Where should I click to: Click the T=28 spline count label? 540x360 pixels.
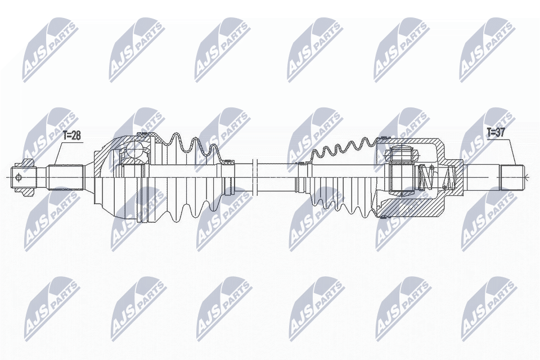(x=71, y=135)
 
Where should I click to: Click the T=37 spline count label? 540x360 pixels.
(x=496, y=133)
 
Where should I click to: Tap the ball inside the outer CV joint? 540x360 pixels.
(x=134, y=150)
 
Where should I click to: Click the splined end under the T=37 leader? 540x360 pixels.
(x=511, y=178)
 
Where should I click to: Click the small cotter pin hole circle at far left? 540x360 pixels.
(x=20, y=178)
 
